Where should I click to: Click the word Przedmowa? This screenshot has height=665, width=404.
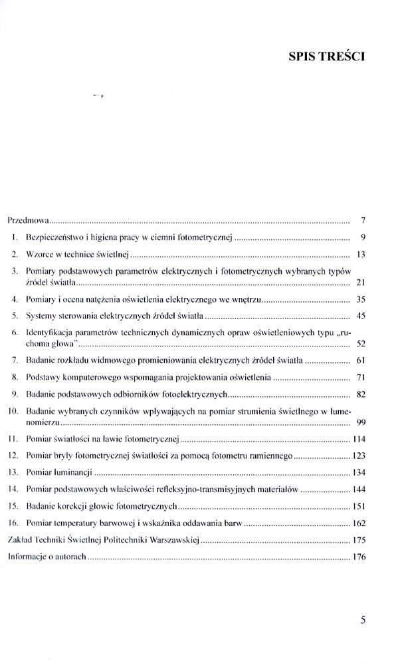29,219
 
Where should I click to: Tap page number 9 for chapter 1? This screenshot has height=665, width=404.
361,236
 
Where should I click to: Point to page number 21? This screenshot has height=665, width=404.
361,283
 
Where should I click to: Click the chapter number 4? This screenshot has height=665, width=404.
15,299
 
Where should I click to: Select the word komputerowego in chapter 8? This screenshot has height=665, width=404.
96,377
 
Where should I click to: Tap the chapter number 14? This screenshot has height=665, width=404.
13,489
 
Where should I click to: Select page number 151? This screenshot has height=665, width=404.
358,505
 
